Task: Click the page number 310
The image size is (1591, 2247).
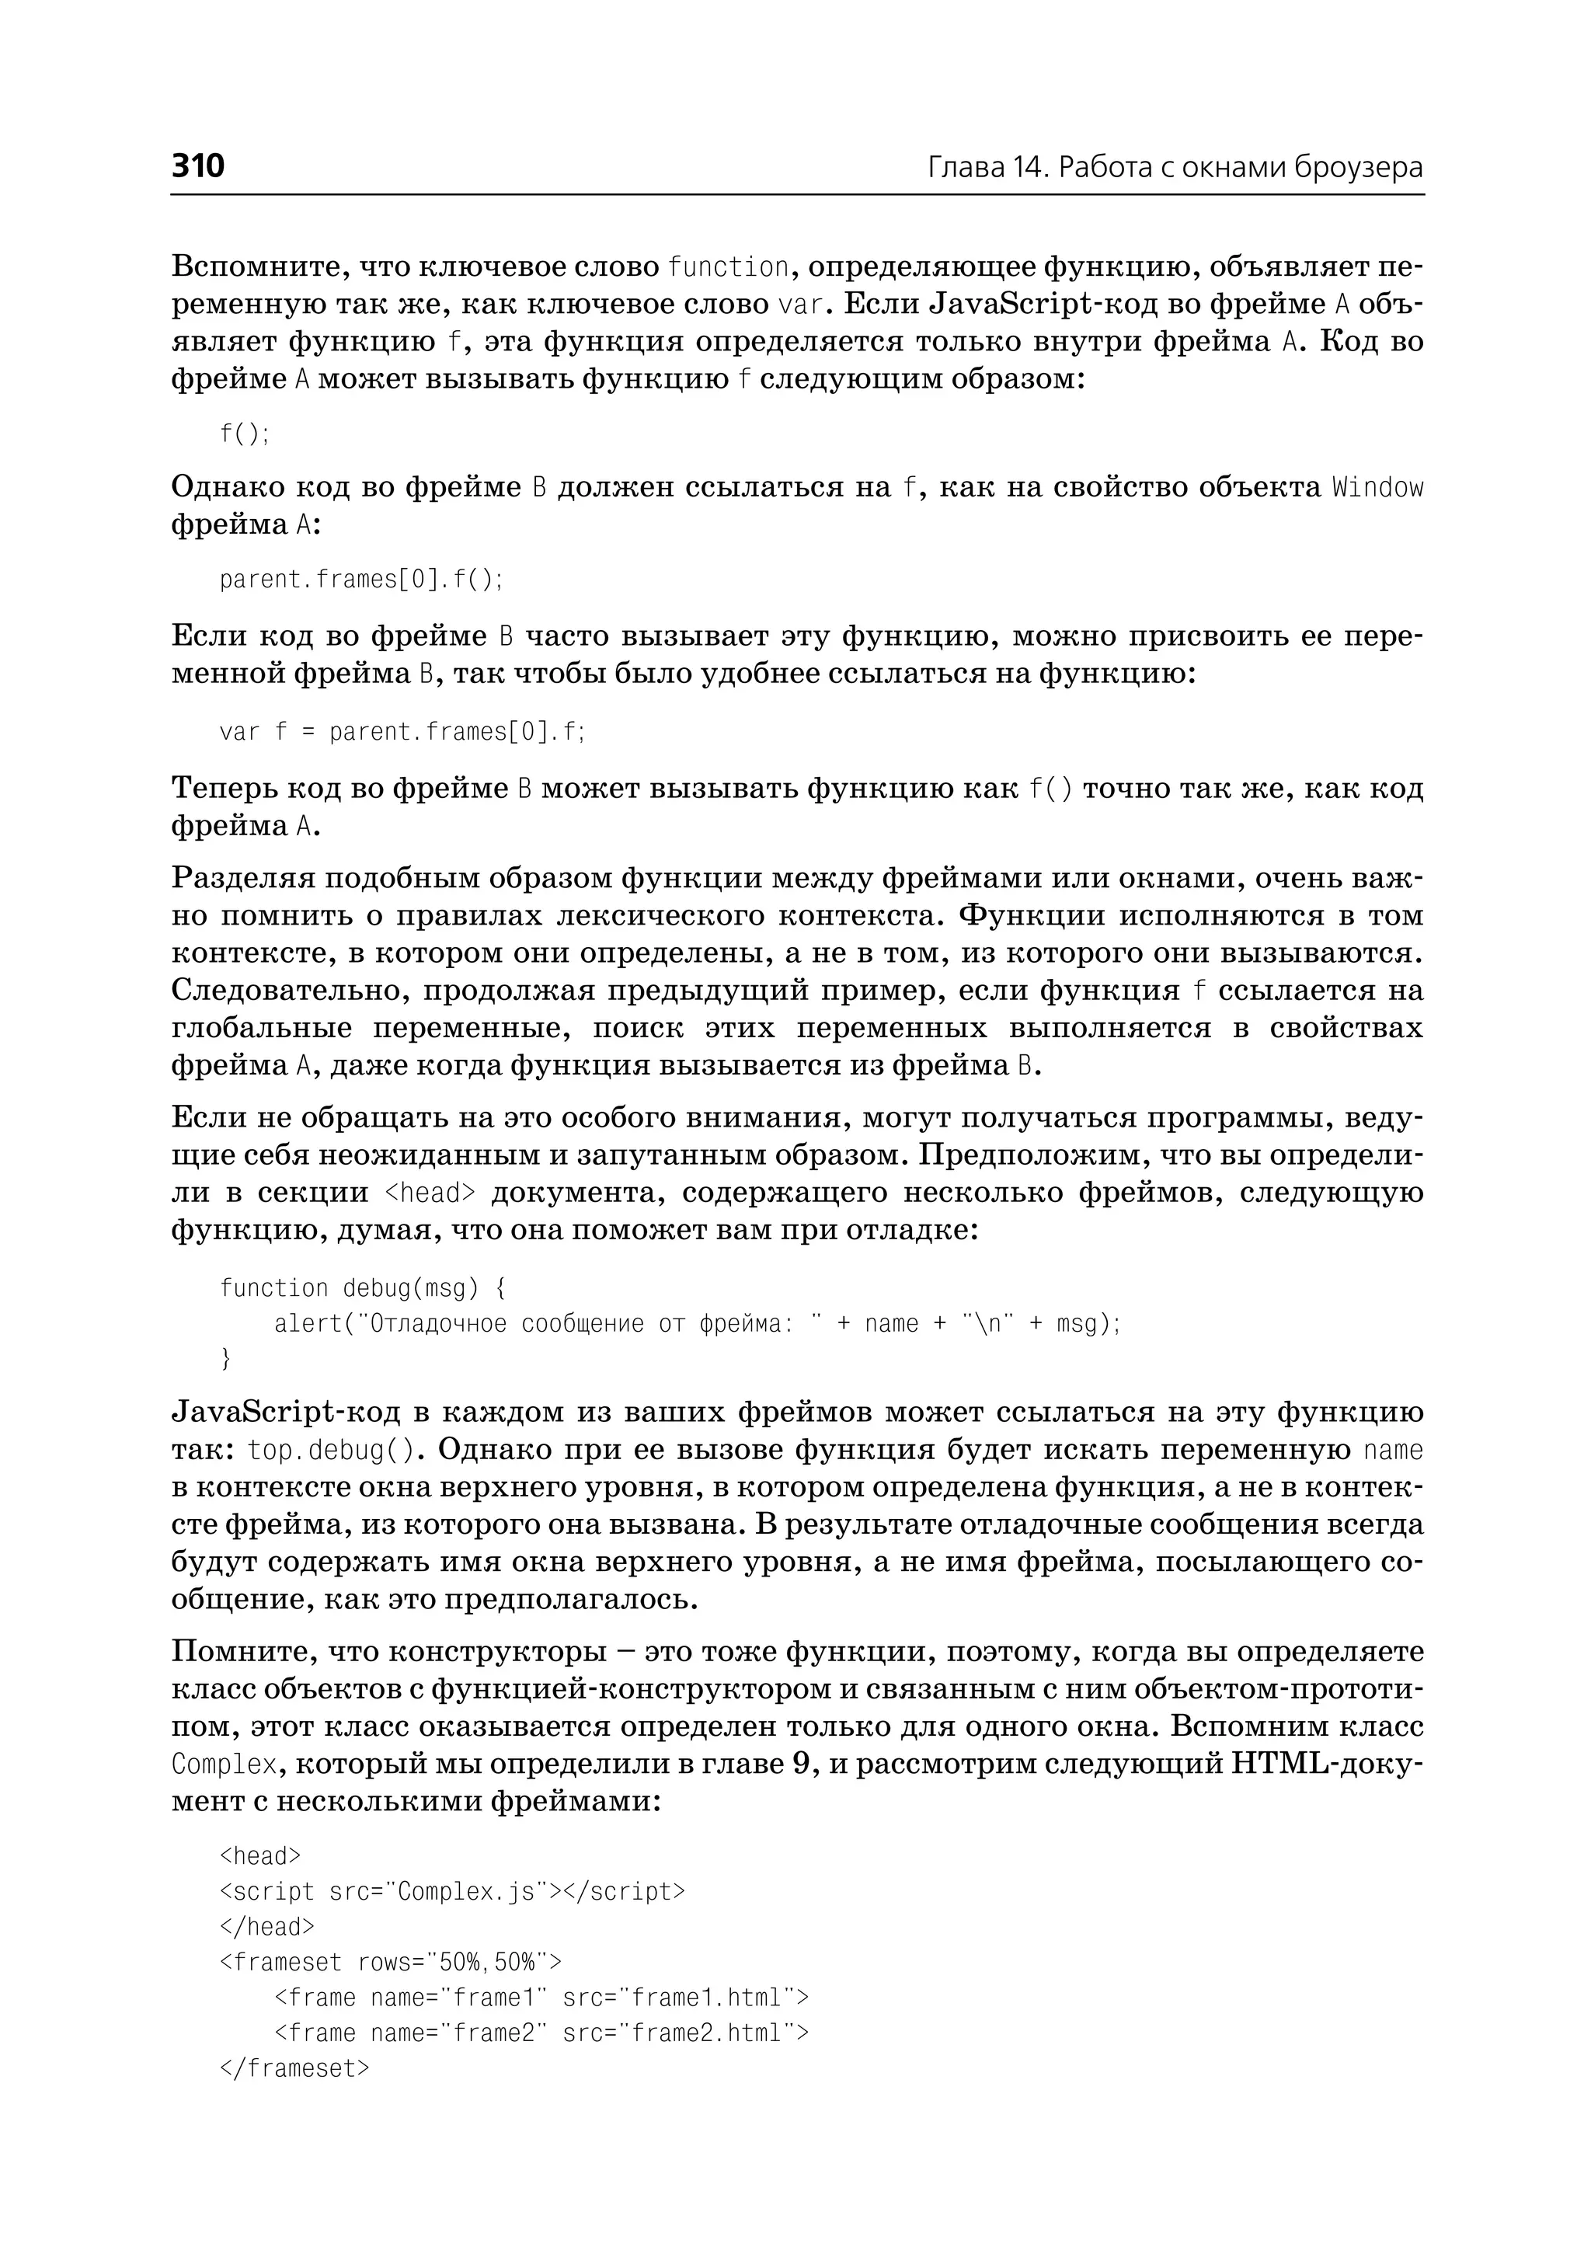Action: tap(198, 165)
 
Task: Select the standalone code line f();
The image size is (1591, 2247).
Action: tap(244, 433)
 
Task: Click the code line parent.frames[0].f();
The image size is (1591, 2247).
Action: tap(360, 580)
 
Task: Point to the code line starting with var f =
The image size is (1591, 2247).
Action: tap(402, 732)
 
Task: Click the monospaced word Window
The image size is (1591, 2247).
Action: tap(1377, 487)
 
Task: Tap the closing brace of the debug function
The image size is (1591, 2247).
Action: tap(226, 1358)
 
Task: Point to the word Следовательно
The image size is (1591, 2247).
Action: tap(290, 991)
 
